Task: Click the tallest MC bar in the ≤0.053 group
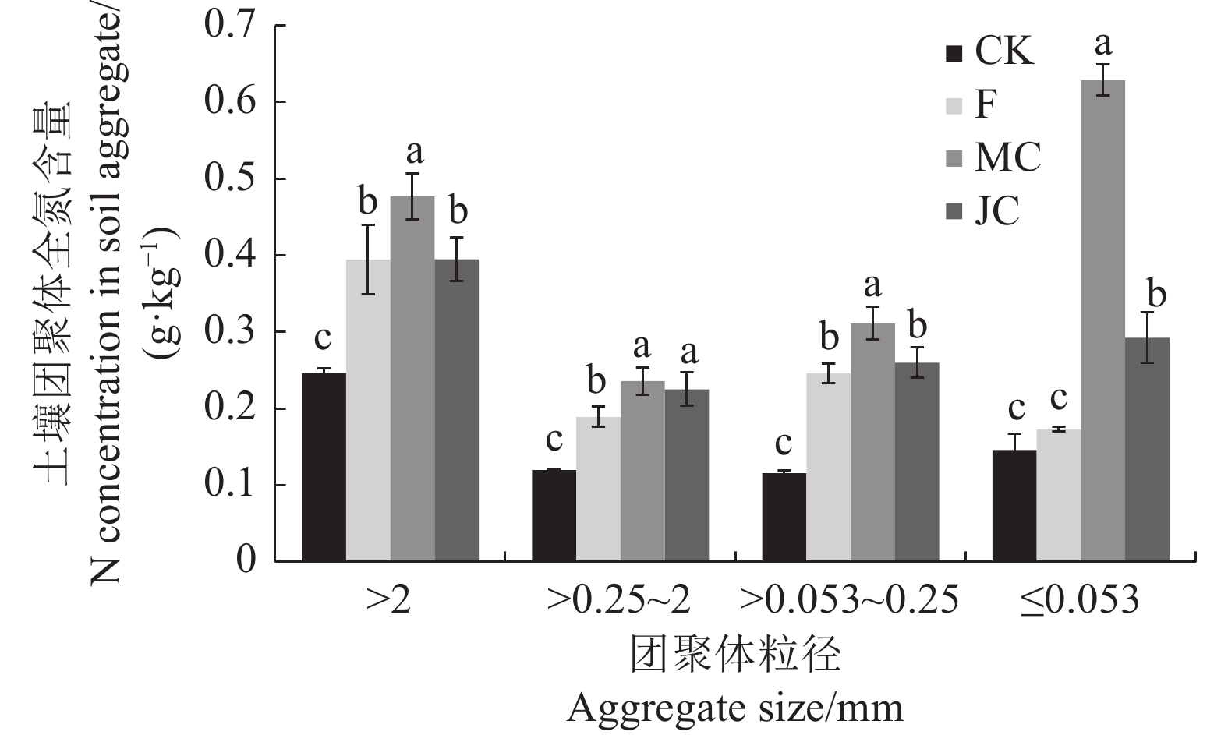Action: pyautogui.click(x=1102, y=320)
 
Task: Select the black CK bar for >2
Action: pyautogui.click(x=324, y=467)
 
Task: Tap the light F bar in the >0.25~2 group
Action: pyautogui.click(x=598, y=489)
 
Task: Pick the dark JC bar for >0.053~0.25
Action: pyautogui.click(x=917, y=461)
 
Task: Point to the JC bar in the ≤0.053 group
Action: pyautogui.click(x=1147, y=449)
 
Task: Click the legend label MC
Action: pyautogui.click(x=1007, y=157)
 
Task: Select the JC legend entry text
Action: pyautogui.click(x=996, y=210)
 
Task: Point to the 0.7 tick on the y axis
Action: pyautogui.click(x=231, y=26)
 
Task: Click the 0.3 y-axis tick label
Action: pyautogui.click(x=231, y=332)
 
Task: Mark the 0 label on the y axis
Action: pyautogui.click(x=246, y=560)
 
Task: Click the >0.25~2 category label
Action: pyautogui.click(x=619, y=601)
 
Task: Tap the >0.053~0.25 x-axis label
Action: pyautogui.click(x=848, y=601)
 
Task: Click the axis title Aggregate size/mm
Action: pyautogui.click(x=735, y=708)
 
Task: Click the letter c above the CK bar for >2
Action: pyautogui.click(x=323, y=339)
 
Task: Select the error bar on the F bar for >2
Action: pyautogui.click(x=368, y=260)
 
